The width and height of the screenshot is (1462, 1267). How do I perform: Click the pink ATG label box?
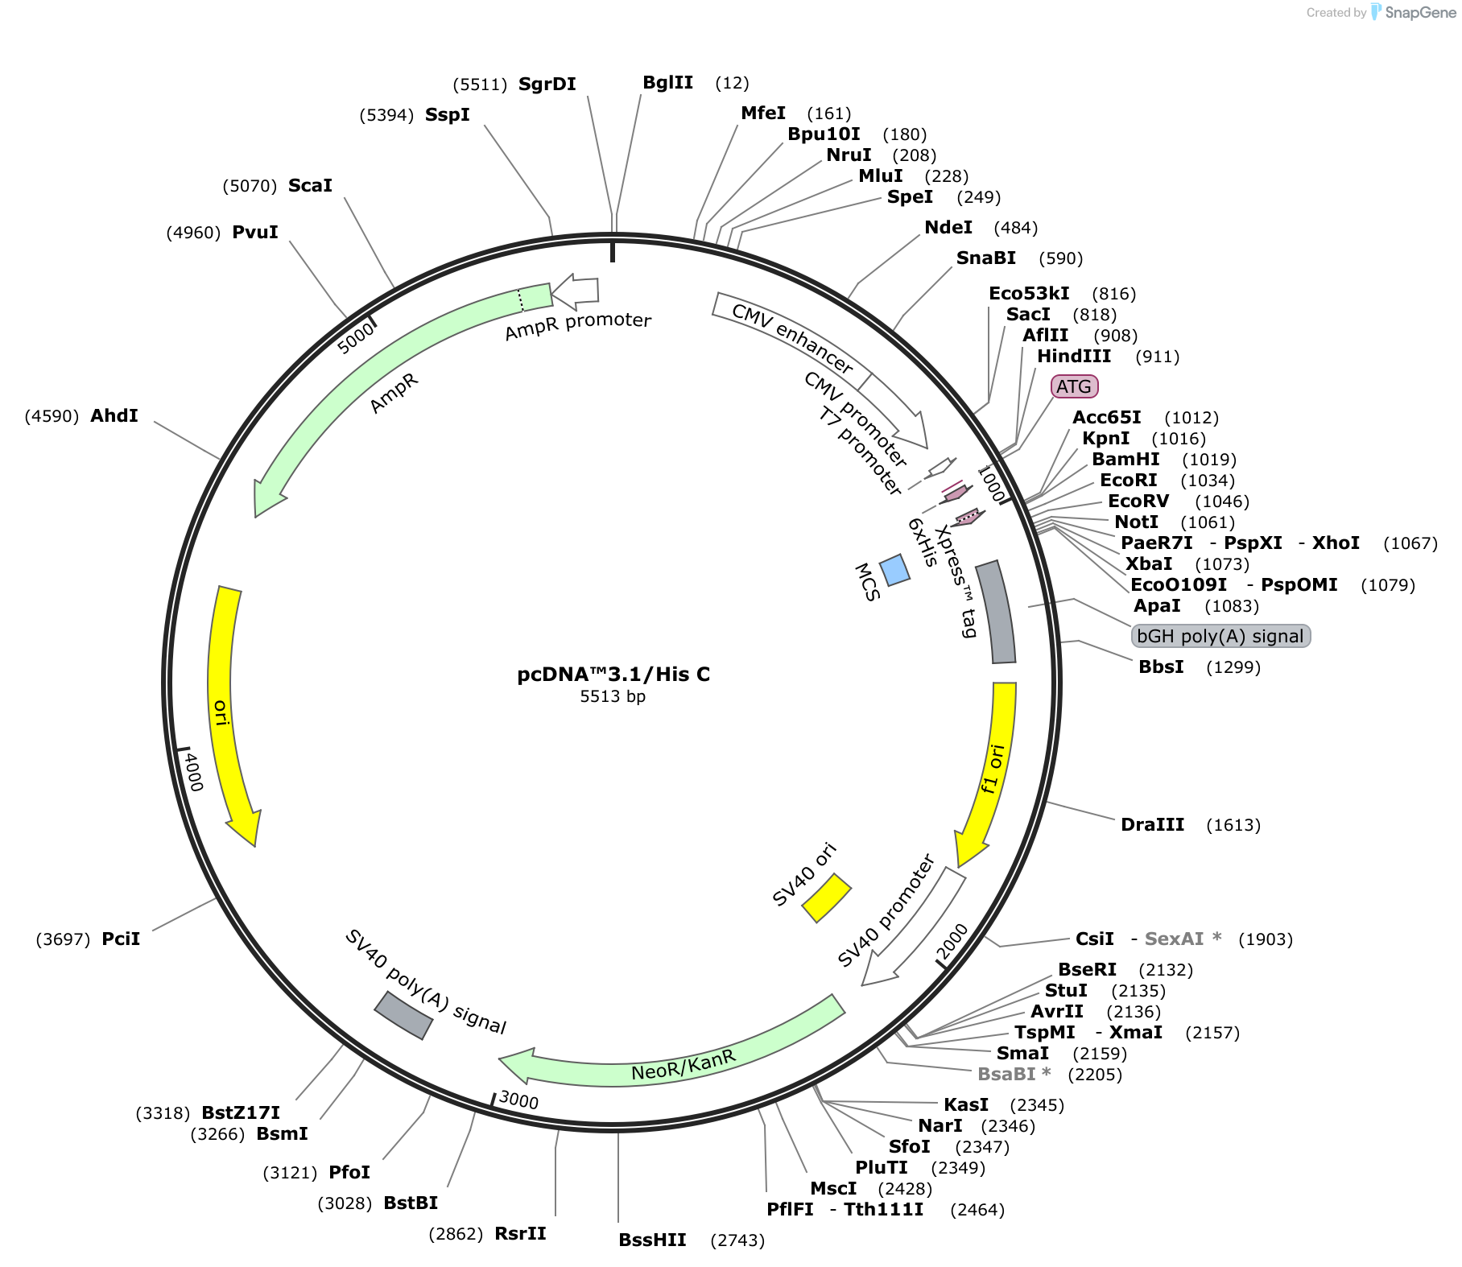(x=1074, y=386)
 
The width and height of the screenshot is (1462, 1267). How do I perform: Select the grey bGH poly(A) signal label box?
(x=1220, y=636)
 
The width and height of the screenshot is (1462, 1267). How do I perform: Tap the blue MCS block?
(x=894, y=570)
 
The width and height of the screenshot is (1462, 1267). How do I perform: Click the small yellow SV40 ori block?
(x=826, y=898)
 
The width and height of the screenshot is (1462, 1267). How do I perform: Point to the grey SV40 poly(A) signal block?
(x=403, y=1015)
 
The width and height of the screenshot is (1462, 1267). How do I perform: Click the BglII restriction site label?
(x=667, y=82)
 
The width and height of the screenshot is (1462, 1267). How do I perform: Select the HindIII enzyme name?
(x=1074, y=356)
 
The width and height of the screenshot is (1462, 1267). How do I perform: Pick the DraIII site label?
(x=1152, y=824)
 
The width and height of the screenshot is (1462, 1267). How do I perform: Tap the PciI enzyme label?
(x=121, y=939)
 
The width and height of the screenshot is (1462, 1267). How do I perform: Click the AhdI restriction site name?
(x=114, y=415)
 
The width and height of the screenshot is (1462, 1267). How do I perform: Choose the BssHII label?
(x=652, y=1240)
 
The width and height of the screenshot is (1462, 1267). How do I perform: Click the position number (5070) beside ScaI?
(x=250, y=186)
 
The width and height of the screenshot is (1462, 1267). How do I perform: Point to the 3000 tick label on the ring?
(x=518, y=1100)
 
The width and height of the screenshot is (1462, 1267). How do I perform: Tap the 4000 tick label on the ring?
(x=193, y=771)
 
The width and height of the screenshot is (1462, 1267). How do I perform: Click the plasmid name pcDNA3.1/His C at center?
(x=613, y=675)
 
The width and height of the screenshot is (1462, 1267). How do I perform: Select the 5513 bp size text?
(x=613, y=696)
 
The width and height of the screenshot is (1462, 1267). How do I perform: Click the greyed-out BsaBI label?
(x=1014, y=1074)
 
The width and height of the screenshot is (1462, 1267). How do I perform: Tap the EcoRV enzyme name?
(x=1138, y=501)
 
